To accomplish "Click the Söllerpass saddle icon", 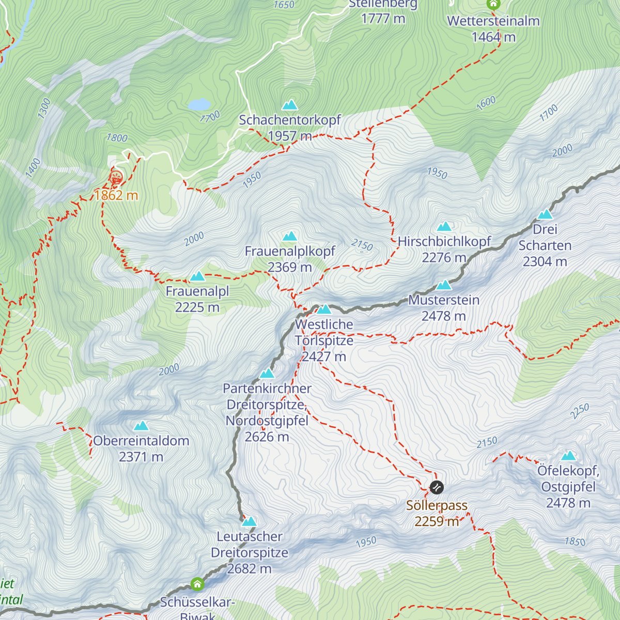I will (437, 487).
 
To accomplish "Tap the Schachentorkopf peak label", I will (289, 120).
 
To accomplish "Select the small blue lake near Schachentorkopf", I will (199, 104).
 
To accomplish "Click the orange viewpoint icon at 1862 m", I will (116, 178).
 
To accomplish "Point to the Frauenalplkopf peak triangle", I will (290, 237).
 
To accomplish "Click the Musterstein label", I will (444, 300).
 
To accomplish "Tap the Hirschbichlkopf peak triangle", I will (444, 227).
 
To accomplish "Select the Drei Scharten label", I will (545, 237).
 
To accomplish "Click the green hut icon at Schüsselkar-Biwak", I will (197, 584).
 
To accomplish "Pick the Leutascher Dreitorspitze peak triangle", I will (250, 522).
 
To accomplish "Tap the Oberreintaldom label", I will (141, 441).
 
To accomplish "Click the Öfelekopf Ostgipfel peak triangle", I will (569, 456).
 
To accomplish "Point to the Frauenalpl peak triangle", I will (197, 277).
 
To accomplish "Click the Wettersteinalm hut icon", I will (493, 5).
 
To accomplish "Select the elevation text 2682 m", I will (250, 569).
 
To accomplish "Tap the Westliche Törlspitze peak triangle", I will (324, 309).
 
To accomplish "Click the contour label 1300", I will (44, 109).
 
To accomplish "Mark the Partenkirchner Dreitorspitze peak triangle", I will (267, 374).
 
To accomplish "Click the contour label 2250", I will (580, 411).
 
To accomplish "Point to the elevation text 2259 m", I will (437, 521).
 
